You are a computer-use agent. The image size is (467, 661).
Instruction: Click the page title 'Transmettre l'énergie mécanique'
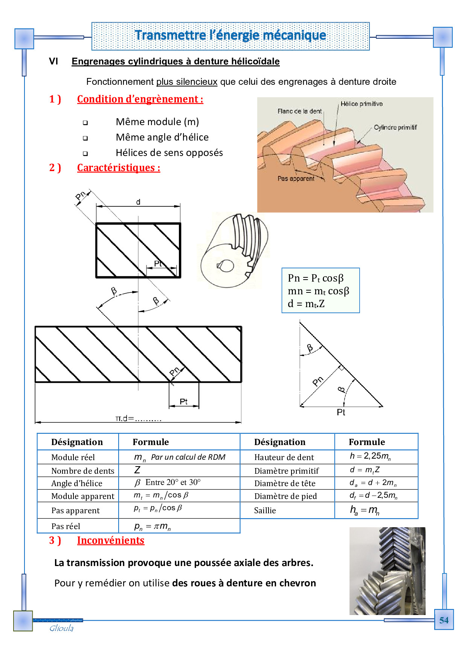click(x=230, y=35)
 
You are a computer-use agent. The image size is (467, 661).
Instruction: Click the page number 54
click(x=444, y=620)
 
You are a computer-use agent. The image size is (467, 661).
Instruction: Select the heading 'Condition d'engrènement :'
click(x=140, y=99)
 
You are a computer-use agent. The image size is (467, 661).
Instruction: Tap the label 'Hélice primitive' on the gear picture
click(x=362, y=104)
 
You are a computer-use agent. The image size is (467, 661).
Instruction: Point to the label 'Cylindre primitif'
click(x=395, y=127)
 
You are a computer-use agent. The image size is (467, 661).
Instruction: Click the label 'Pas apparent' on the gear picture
click(x=296, y=179)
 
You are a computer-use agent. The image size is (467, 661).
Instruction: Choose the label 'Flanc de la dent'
click(x=299, y=111)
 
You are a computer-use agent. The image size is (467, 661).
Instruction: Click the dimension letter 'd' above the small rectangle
click(x=138, y=202)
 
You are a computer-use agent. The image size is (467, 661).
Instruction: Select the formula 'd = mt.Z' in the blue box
click(x=306, y=304)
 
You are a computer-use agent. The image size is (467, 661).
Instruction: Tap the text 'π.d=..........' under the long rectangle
click(x=138, y=418)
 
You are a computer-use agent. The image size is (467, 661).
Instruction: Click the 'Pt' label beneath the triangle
click(x=341, y=412)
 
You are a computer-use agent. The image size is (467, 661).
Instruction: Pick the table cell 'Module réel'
click(x=73, y=457)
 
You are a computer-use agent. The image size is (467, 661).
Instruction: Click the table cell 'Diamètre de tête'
click(x=285, y=484)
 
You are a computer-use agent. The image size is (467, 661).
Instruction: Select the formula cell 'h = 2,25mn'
click(x=370, y=456)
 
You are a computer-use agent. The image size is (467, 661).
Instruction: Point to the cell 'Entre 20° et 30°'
click(x=173, y=483)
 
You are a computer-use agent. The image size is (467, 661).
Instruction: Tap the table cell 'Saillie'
click(x=265, y=511)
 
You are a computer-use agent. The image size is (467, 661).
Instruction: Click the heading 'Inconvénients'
click(x=110, y=540)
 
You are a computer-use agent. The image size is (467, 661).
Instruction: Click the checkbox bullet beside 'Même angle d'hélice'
click(x=85, y=138)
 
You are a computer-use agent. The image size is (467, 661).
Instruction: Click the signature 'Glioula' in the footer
click(x=61, y=628)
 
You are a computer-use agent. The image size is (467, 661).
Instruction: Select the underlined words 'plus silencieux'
click(x=187, y=82)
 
